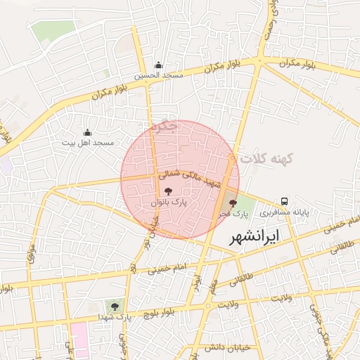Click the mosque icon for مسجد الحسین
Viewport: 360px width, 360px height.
click(x=159, y=64)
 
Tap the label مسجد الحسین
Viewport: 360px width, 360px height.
click(x=159, y=75)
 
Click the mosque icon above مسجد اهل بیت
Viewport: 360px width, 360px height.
click(x=87, y=132)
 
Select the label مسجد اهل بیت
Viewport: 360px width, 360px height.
click(x=87, y=143)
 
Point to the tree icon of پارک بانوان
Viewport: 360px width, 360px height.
click(x=167, y=191)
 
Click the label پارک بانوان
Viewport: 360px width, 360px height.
click(x=168, y=201)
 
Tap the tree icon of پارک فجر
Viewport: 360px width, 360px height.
click(x=233, y=202)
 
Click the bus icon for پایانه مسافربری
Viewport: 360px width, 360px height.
click(x=285, y=200)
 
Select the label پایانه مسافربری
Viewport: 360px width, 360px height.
click(x=285, y=211)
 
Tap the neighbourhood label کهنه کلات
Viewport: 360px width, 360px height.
click(x=259, y=161)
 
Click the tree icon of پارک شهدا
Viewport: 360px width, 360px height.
click(x=112, y=305)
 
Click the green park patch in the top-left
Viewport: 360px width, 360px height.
click(x=53, y=32)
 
